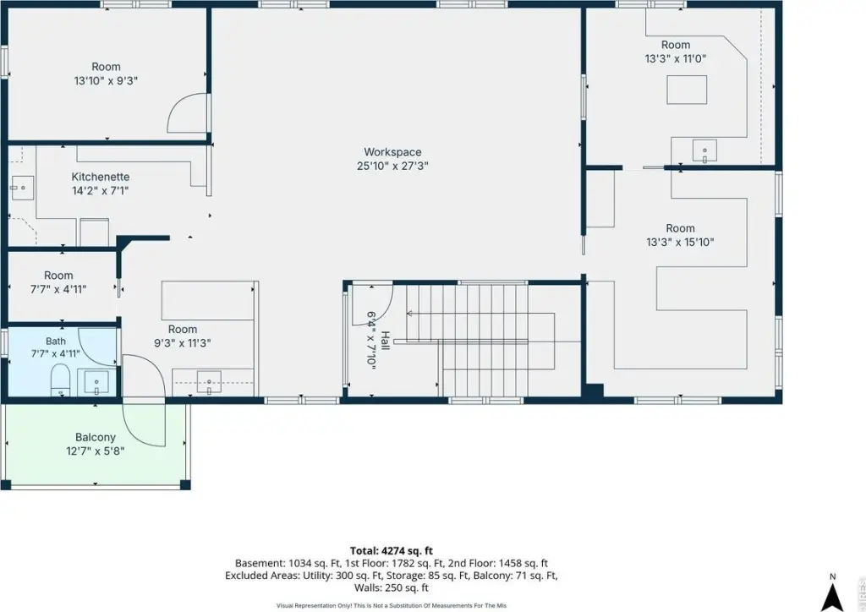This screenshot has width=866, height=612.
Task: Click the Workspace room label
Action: [x=392, y=152]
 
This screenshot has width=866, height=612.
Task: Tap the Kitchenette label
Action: [x=101, y=177]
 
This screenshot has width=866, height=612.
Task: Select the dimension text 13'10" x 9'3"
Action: [x=106, y=80]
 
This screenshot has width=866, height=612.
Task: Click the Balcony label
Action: [x=96, y=437]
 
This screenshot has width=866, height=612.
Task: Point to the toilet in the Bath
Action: [x=60, y=380]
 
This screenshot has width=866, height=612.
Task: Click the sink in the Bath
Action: [x=96, y=382]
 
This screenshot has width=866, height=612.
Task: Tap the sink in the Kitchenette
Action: [x=22, y=188]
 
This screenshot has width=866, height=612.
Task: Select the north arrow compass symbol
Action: [x=832, y=596]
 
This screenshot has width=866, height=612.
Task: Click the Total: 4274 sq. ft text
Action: [x=391, y=551]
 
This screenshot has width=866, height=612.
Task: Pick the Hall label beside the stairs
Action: [x=386, y=341]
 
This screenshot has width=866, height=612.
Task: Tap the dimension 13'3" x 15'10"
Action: [x=681, y=242]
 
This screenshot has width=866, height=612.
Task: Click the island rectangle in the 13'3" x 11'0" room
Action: [x=687, y=90]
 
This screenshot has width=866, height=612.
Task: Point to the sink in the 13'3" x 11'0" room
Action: [x=704, y=151]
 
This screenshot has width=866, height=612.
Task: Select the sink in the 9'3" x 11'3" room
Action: [x=209, y=382]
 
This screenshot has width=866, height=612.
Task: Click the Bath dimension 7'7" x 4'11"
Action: [x=55, y=353]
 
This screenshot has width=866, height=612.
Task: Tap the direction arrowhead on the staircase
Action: [x=409, y=314]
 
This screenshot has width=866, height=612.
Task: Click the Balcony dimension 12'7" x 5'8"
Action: [x=96, y=451]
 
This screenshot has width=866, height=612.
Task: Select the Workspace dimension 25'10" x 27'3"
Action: [x=392, y=166]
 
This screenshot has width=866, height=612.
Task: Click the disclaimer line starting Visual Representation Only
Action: [x=391, y=606]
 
